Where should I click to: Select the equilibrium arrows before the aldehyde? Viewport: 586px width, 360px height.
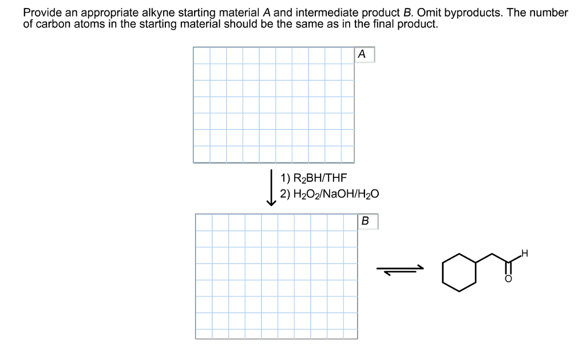click(400, 270)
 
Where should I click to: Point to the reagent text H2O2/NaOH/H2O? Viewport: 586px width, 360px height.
click(330, 194)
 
